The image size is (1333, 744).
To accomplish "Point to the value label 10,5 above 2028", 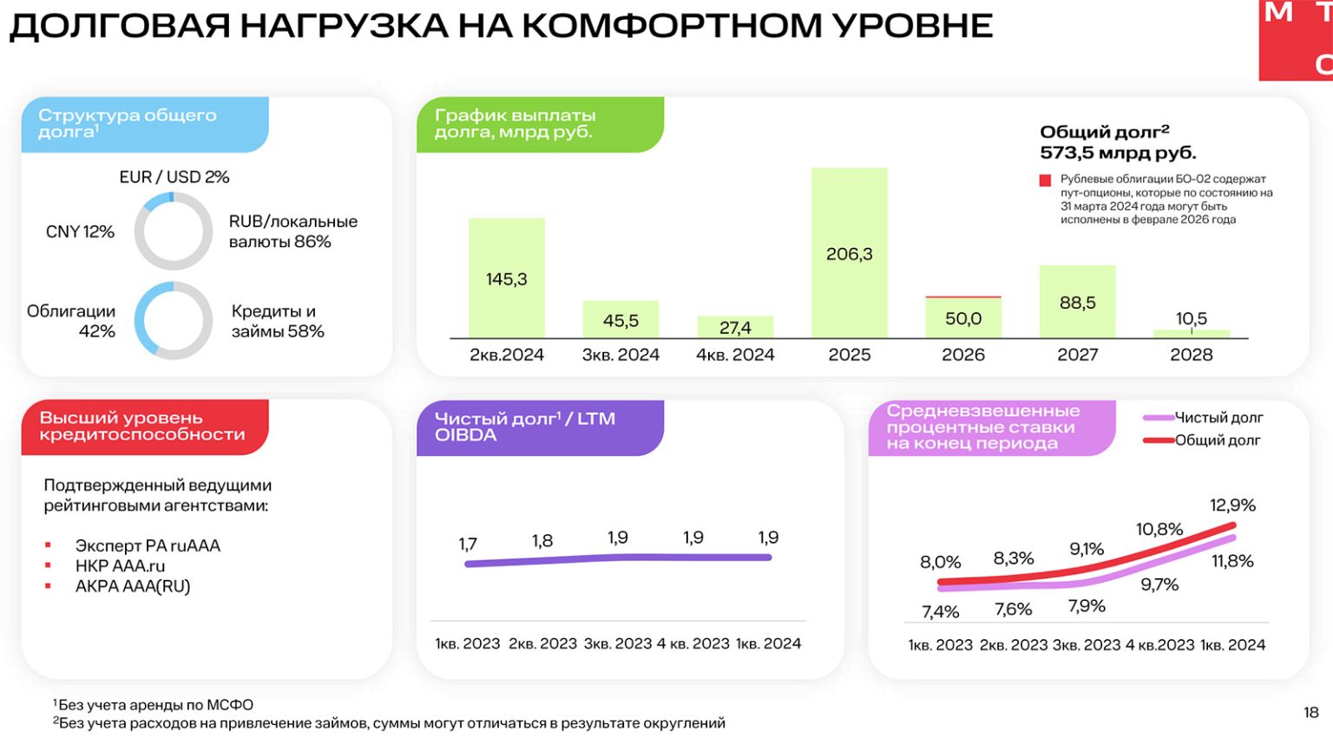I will (1192, 318).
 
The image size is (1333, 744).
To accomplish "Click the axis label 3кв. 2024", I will (621, 355).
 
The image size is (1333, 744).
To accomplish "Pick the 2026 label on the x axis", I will (963, 355).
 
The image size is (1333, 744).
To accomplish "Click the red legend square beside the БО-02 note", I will (1045, 180).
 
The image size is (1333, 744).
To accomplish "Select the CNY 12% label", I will (80, 232).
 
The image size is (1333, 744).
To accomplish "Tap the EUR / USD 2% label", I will (174, 177).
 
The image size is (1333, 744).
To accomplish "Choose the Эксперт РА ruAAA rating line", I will (148, 545).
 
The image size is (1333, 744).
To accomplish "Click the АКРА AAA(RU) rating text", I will (133, 586).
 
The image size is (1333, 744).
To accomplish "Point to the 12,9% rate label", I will (1232, 505).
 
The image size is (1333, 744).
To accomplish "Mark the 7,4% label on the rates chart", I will (940, 611).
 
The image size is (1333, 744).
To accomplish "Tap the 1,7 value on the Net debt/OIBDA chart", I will (468, 544).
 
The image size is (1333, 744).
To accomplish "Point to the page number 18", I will (1310, 713).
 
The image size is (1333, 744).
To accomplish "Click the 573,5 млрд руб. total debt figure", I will (1118, 153).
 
